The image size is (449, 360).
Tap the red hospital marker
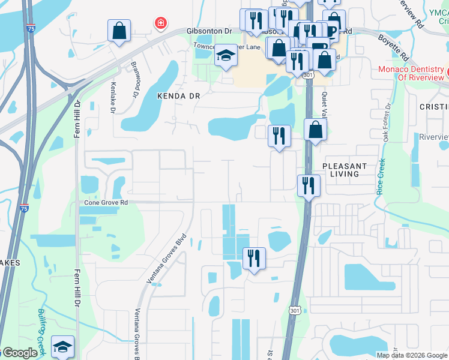(x=160, y=23)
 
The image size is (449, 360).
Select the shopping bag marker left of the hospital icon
(x=119, y=31)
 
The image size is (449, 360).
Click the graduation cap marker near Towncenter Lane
(x=226, y=57)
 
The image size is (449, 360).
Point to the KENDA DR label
(x=178, y=95)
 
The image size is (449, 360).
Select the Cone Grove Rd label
(x=106, y=203)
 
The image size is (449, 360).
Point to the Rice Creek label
(x=380, y=178)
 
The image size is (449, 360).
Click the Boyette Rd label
(x=393, y=47)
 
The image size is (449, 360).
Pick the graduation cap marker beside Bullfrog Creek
(x=62, y=347)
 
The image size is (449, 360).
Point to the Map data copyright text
(x=411, y=355)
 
